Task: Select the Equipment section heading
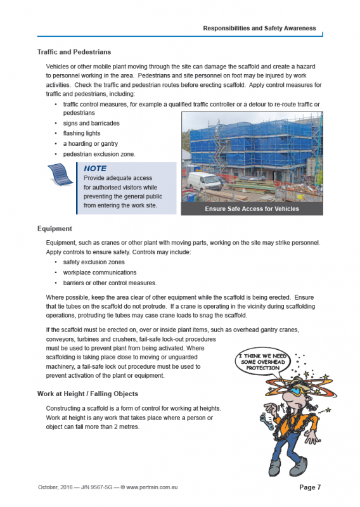[55, 228]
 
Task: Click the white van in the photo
[205, 182]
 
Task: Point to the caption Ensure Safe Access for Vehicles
[252, 209]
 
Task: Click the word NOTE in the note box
[95, 169]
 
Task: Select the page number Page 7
[310, 487]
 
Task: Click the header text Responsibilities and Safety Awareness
[259, 29]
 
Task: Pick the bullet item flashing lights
[81, 133]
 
